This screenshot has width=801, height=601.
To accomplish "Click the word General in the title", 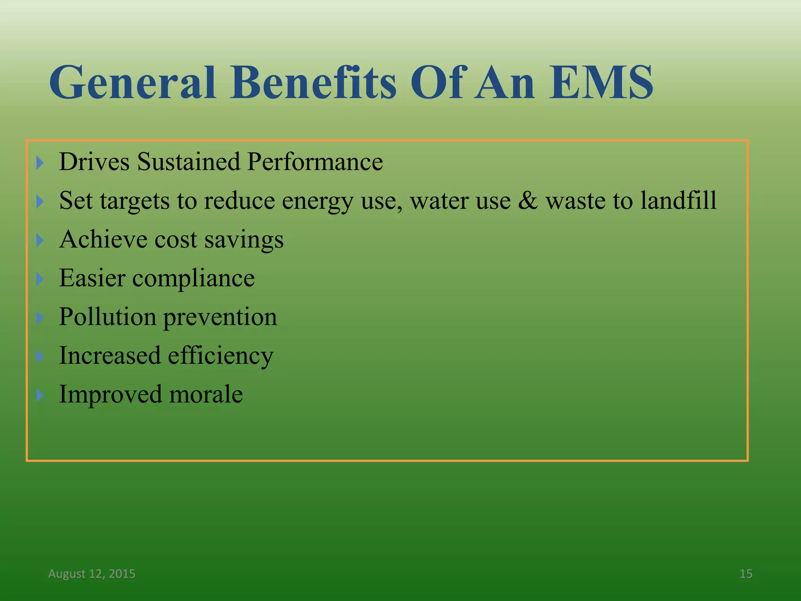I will coord(132,83).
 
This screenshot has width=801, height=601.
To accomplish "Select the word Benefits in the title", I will coord(313,83).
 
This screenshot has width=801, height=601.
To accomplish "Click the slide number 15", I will coord(746,574).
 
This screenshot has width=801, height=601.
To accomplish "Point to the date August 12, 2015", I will coord(92,574).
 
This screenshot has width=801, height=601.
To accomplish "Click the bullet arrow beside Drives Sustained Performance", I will coord(40,162).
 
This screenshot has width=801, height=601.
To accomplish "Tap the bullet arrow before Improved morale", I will coord(40,395).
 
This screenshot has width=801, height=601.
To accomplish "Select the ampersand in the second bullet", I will coord(528,201).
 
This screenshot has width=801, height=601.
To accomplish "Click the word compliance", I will coord(194,279).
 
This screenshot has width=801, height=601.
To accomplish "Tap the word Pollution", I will coord(107,317).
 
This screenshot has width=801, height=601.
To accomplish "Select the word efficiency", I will coord(221,356).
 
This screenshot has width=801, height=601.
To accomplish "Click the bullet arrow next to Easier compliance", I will coord(40,279).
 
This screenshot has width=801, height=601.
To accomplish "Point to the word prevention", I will coord(220,318).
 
